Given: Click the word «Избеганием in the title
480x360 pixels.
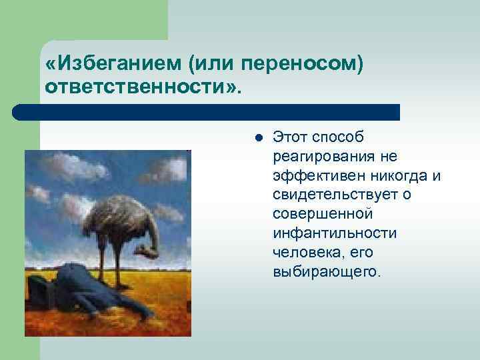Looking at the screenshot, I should pyautogui.click(x=114, y=65).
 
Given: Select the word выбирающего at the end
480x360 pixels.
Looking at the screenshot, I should pyautogui.click(x=325, y=273).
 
